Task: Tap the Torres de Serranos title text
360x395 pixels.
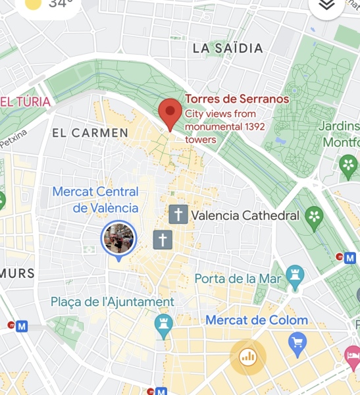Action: pos(237,99)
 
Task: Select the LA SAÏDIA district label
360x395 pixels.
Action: pos(228,48)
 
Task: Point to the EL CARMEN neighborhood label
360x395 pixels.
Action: pos(90,133)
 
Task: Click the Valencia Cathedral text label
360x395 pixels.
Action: pos(245,215)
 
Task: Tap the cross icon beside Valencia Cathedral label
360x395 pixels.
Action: pos(177,214)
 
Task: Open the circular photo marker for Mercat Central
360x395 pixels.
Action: pos(118,238)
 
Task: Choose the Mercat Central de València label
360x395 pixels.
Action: pos(96,200)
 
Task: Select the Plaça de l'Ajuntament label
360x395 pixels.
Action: pos(113,302)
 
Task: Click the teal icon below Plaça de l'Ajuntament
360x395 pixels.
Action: pos(163,323)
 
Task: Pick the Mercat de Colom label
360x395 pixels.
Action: pos(257,321)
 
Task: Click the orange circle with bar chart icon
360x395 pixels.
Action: pos(248,357)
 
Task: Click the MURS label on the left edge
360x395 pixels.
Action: pos(16,273)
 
